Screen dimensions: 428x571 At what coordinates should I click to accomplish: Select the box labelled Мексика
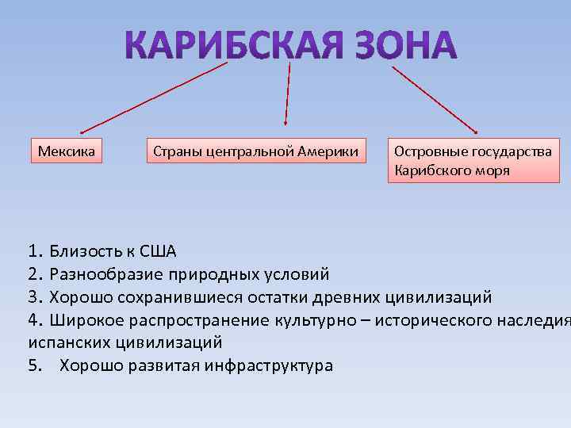pos(67,150)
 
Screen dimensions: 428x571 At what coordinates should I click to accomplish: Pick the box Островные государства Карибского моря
pos(473,160)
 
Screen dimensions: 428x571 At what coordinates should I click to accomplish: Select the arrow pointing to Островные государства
pos(435,98)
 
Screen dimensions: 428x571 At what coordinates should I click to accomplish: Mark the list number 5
pos(33,365)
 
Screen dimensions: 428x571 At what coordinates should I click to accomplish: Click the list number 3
pos(33,297)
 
